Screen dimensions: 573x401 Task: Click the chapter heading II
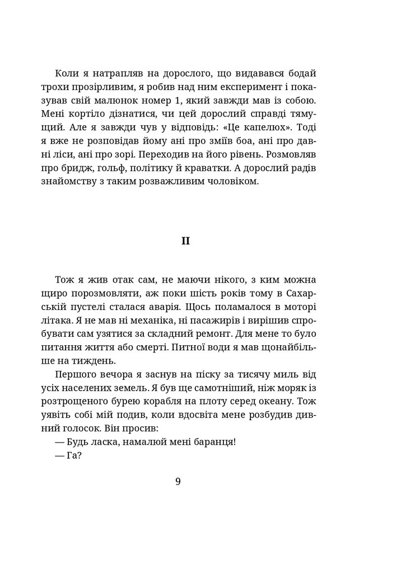pyautogui.click(x=185, y=241)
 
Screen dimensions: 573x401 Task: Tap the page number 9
pyautogui.click(x=178, y=482)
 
